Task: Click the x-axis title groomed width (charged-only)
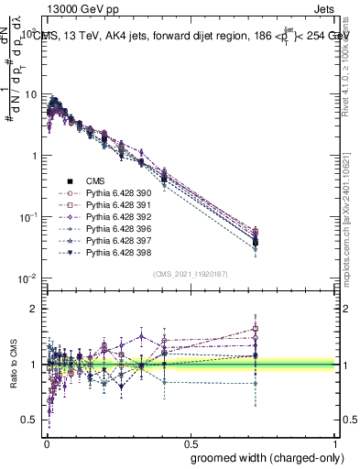[263, 458]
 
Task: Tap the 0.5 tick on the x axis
[191, 443]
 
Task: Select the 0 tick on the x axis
[46, 443]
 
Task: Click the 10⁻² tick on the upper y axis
[30, 278]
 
